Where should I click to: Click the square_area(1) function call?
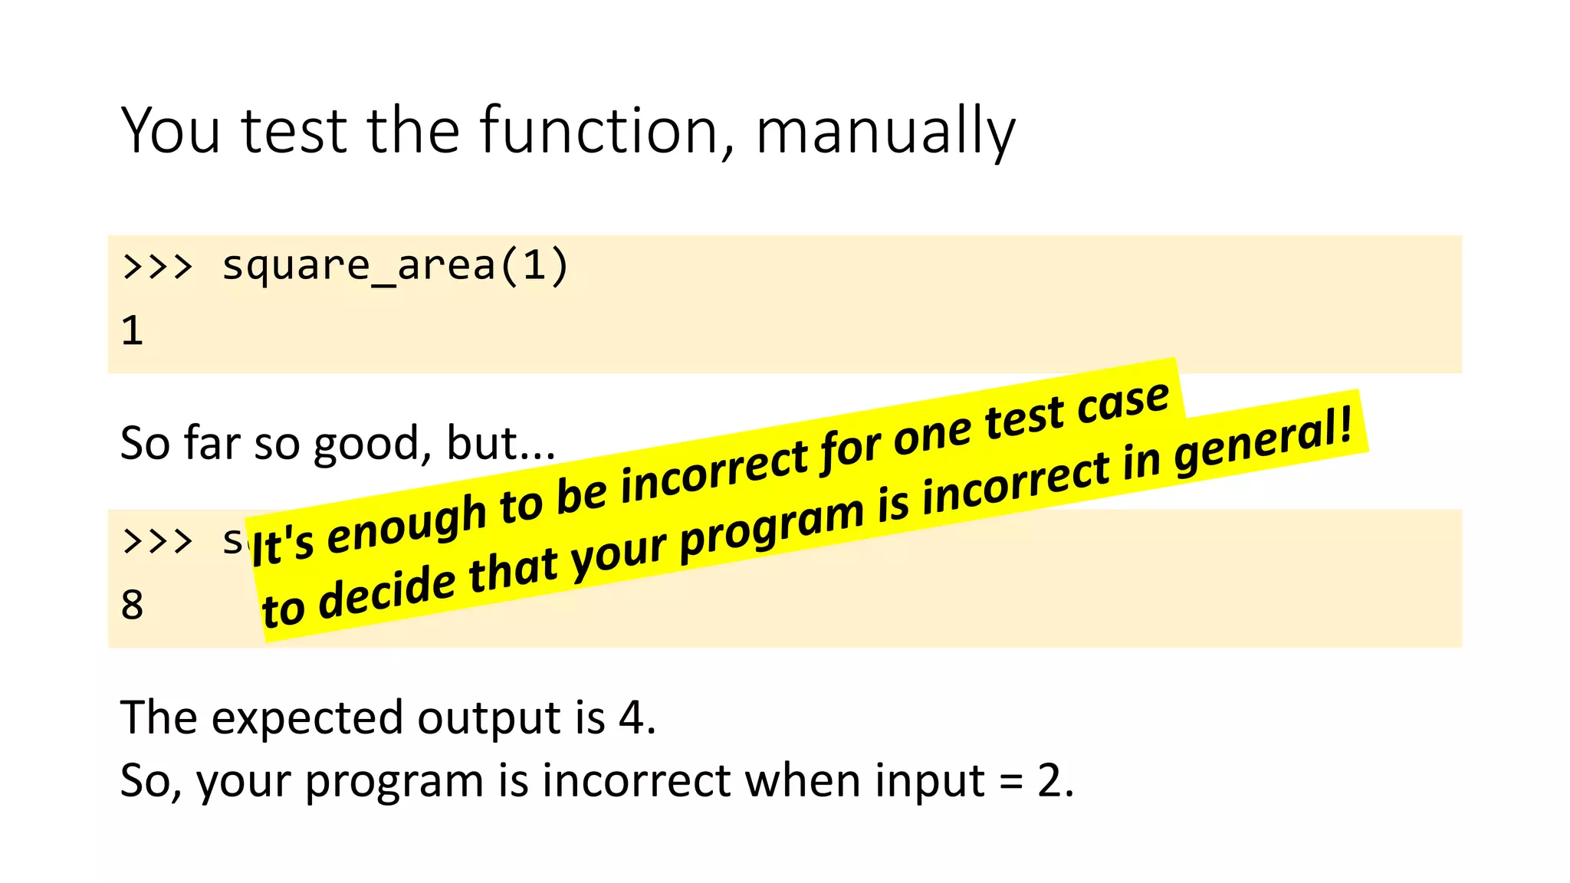[x=395, y=266]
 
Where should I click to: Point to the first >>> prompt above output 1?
[x=157, y=266]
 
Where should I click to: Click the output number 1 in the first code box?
[x=132, y=330]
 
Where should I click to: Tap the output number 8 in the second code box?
[x=132, y=605]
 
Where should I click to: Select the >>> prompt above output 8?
[x=157, y=540]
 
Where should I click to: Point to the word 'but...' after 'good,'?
[x=501, y=443]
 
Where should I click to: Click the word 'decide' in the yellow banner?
[x=386, y=592]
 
